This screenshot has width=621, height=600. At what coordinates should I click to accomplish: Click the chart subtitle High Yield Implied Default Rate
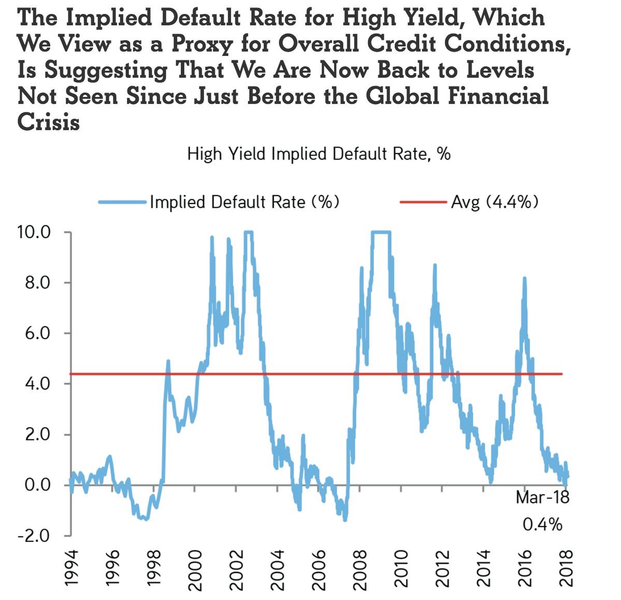coord(319,154)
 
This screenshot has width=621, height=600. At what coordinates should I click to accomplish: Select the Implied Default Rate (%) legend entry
coord(244,201)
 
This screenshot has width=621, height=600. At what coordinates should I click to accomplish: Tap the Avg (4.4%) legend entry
coord(495,201)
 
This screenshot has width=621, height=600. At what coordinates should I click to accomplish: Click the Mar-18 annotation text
coord(542,498)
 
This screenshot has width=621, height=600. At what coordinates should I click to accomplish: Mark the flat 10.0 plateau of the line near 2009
coord(381,232)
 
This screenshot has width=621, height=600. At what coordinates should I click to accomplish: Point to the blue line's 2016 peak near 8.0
coord(524,280)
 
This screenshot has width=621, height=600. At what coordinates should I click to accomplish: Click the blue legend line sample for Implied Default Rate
coord(122,201)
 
